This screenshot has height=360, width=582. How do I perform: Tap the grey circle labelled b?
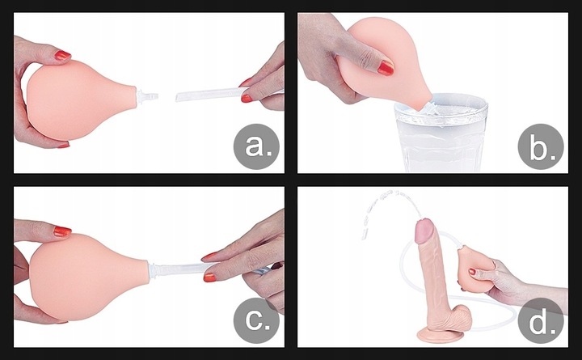tap(539, 146)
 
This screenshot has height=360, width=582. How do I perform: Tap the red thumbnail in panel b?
tap(386, 68)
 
